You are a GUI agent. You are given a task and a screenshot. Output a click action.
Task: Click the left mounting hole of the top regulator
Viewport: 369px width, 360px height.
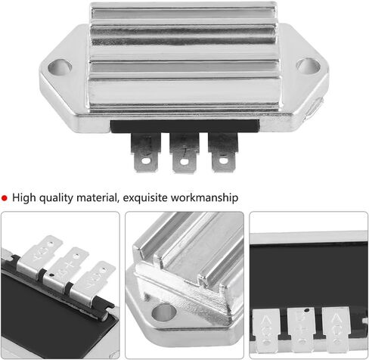click(x=60, y=67)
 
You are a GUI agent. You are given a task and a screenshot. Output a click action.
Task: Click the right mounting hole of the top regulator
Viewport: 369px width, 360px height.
click(x=309, y=65)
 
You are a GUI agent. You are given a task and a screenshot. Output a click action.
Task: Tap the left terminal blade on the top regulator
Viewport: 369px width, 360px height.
click(x=146, y=153)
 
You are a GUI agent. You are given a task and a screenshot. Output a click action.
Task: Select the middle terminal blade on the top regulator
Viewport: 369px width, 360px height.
click(x=184, y=153)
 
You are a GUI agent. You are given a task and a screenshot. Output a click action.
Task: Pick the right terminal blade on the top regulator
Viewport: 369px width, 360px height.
click(x=223, y=152)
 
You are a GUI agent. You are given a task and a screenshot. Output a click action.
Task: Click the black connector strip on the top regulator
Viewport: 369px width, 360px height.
click(x=185, y=126)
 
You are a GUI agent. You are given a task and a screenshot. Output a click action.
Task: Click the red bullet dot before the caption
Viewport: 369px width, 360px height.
click(x=5, y=198)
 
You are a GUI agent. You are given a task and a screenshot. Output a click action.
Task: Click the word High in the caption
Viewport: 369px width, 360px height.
click(x=24, y=197)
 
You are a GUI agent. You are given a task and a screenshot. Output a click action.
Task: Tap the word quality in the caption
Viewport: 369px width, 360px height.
click(x=56, y=198)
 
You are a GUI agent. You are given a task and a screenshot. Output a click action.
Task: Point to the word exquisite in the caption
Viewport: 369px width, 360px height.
click(x=145, y=198)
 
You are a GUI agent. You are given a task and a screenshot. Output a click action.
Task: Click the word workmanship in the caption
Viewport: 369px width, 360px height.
click(x=204, y=198)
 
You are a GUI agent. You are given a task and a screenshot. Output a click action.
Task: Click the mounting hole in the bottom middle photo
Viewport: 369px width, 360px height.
click(x=164, y=313)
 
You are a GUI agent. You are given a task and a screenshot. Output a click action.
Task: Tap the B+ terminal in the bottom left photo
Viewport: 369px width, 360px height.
click(x=66, y=269)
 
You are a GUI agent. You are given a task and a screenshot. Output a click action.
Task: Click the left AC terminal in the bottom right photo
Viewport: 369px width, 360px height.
click(x=266, y=331)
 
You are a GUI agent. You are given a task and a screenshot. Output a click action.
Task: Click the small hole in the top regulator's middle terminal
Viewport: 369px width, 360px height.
click(x=184, y=162)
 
